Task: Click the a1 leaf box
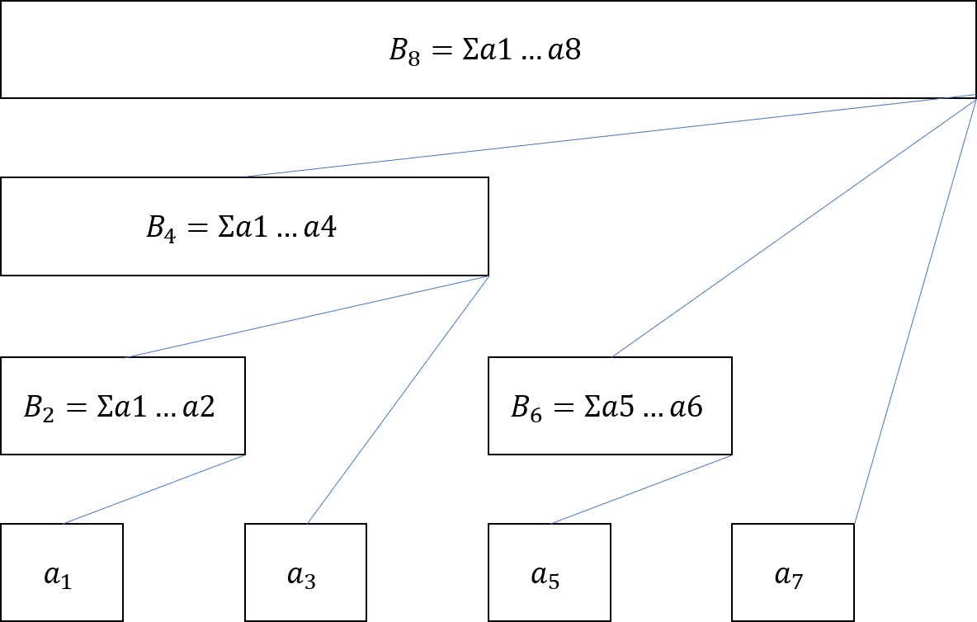click(x=61, y=573)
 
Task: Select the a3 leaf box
click(x=305, y=573)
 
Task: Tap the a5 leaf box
click(x=550, y=573)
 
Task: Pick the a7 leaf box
click(x=793, y=573)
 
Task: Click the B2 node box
click(x=122, y=406)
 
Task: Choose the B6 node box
click(x=610, y=406)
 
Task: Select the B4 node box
click(x=244, y=226)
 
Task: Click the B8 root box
click(x=489, y=49)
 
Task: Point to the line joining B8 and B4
click(x=611, y=136)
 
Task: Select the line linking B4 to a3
click(x=398, y=399)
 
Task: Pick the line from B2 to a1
click(x=154, y=489)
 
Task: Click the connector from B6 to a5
click(x=641, y=489)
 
